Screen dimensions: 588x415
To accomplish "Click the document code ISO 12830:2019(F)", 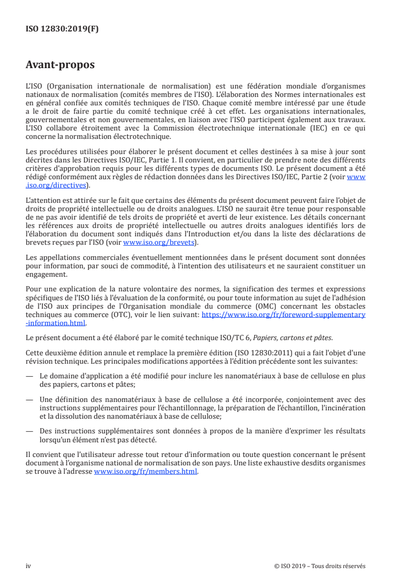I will coord(62,29).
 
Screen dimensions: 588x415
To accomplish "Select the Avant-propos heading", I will coord(60,65).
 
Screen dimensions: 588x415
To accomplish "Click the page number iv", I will coord(29,566).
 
